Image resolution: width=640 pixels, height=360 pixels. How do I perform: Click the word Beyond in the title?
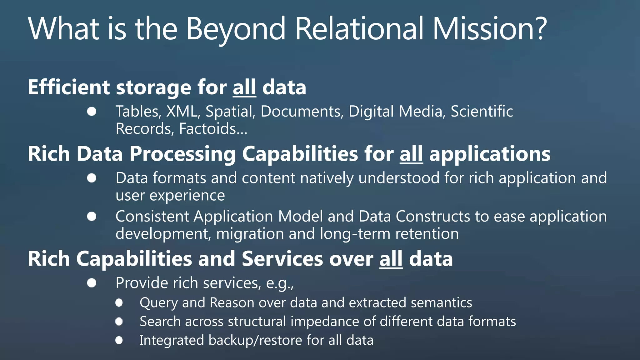[x=236, y=29]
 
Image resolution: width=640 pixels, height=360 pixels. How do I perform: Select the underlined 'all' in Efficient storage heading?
[x=244, y=87]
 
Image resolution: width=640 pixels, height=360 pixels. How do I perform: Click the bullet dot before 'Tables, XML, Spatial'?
[x=92, y=112]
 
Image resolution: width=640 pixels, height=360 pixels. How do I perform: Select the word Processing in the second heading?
[x=182, y=154]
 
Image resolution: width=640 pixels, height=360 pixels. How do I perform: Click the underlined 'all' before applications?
[x=411, y=154]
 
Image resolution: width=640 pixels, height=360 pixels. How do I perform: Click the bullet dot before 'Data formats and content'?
[x=92, y=178]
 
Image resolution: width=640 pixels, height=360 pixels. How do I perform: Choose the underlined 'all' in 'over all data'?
[x=391, y=259]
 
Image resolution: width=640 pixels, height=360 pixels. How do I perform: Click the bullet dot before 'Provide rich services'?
[x=92, y=283]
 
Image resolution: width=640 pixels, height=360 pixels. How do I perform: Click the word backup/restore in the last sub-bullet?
[x=255, y=340]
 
